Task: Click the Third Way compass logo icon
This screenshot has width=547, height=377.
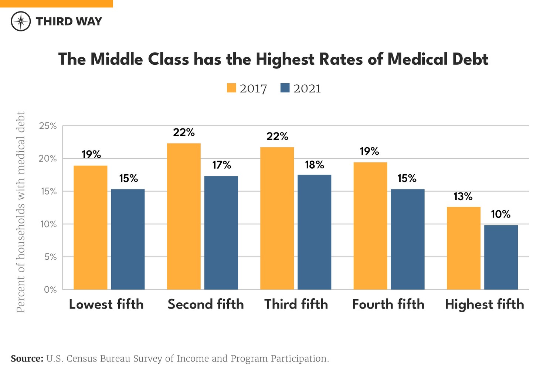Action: (x=21, y=21)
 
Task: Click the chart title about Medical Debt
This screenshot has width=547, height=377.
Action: (x=273, y=59)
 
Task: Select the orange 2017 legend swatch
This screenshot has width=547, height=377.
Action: (x=231, y=88)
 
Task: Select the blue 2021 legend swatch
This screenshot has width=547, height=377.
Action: (x=285, y=88)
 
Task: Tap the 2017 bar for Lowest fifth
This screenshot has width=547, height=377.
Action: (x=91, y=228)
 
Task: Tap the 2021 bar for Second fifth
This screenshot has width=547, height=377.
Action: (x=221, y=233)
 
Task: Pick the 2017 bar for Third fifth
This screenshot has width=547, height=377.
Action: (x=277, y=218)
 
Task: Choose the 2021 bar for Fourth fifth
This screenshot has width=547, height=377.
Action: (x=408, y=239)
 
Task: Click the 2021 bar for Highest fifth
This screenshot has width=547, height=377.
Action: (x=501, y=257)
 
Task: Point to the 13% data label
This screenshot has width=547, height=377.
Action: (x=463, y=196)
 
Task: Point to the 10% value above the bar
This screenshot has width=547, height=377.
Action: (x=500, y=214)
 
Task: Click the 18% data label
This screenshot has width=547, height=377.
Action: (x=314, y=165)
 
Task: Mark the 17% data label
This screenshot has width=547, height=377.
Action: (x=221, y=165)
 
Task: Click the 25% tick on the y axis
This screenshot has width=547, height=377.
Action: (x=48, y=126)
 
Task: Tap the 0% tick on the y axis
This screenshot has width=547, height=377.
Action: (x=50, y=290)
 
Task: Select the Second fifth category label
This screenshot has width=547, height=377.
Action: (x=206, y=304)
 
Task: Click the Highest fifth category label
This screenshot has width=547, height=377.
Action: (x=484, y=304)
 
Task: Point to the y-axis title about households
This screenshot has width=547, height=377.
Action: (x=21, y=212)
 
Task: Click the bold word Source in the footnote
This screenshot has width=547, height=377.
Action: (x=27, y=359)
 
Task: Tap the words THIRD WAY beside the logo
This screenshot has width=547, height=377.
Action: (x=69, y=21)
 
